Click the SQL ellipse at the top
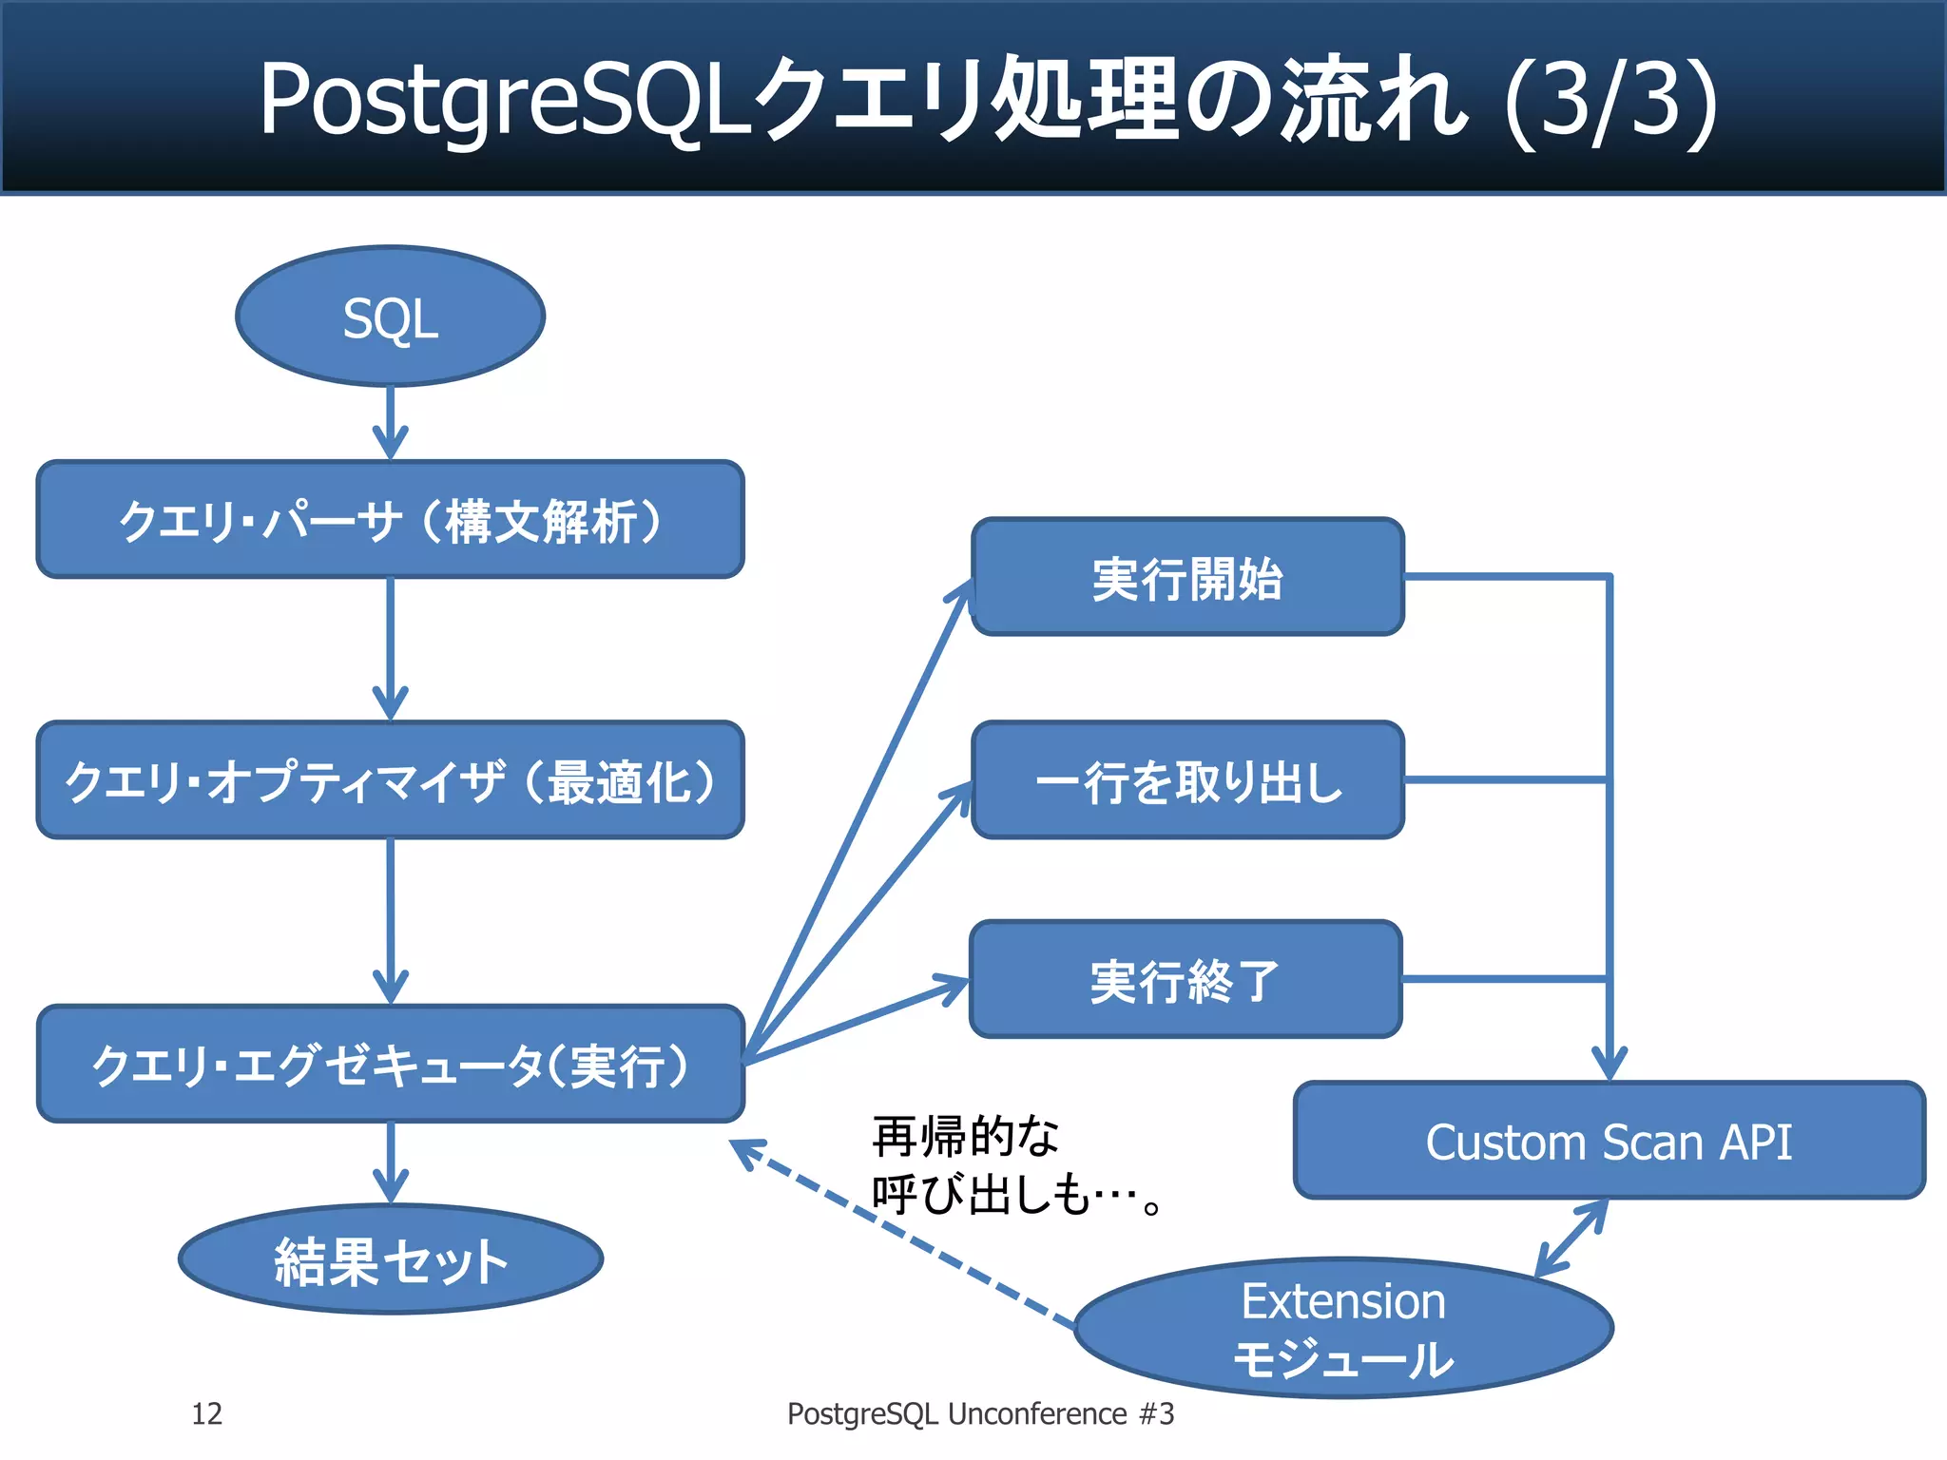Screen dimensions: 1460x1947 [390, 317]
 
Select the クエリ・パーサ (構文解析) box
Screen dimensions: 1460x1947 [390, 520]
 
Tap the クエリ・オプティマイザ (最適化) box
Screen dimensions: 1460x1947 [390, 780]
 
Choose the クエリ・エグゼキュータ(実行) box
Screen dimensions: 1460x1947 [390, 1064]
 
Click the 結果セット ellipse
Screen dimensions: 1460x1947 [390, 1260]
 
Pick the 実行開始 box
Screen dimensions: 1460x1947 [1186, 577]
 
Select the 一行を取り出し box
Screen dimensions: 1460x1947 [1186, 780]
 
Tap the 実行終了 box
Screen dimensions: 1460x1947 [1185, 979]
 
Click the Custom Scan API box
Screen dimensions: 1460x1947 [1609, 1141]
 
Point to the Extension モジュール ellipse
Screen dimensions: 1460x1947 [1342, 1329]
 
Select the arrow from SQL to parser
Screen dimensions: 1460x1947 [390, 423]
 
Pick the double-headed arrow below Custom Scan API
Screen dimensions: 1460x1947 [1571, 1239]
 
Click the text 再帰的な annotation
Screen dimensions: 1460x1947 [965, 1137]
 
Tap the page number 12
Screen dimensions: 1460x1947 [206, 1414]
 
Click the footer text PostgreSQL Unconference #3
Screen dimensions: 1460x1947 [980, 1414]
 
